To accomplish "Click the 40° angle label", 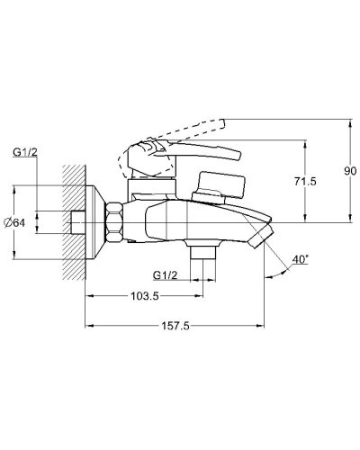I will (x=301, y=259).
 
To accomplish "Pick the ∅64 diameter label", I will (x=24, y=222).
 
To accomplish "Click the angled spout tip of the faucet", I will (x=263, y=236).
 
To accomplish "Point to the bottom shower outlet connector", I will (x=207, y=256).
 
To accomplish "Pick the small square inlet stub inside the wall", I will (x=77, y=221).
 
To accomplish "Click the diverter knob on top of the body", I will (x=216, y=186).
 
